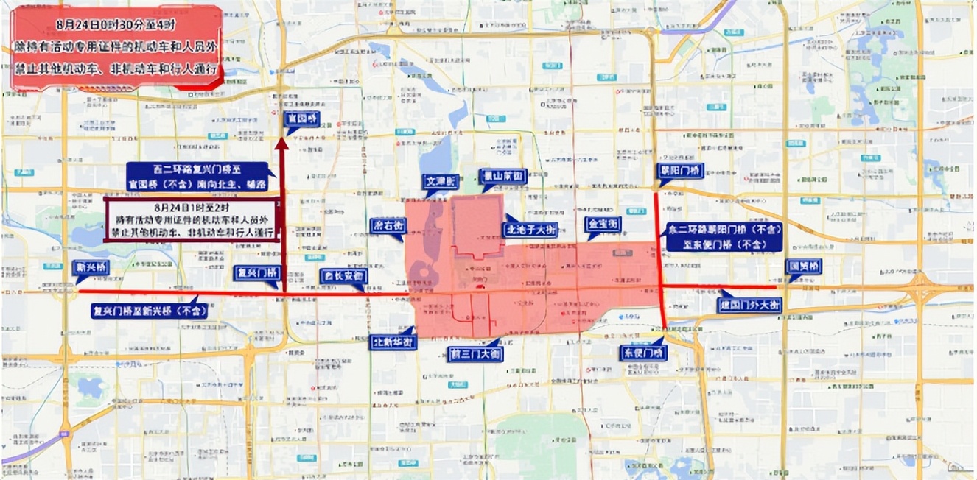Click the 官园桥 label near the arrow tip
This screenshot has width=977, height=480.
[303, 119]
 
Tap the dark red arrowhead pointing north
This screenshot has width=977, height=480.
[281, 144]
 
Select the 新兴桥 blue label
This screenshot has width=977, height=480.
[91, 268]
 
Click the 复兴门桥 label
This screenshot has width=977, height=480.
[258, 272]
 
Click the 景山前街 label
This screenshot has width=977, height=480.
[502, 177]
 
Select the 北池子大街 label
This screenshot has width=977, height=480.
[530, 229]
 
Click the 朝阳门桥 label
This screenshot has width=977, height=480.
[680, 171]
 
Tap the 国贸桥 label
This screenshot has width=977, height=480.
[805, 266]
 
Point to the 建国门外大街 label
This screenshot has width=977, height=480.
[750, 304]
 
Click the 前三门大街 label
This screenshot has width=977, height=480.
[475, 353]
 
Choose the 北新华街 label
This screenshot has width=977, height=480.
[393, 342]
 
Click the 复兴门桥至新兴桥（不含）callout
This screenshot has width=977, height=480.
[149, 311]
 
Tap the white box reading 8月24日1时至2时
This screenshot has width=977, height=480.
[192, 219]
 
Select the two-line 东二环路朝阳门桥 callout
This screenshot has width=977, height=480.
[723, 237]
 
